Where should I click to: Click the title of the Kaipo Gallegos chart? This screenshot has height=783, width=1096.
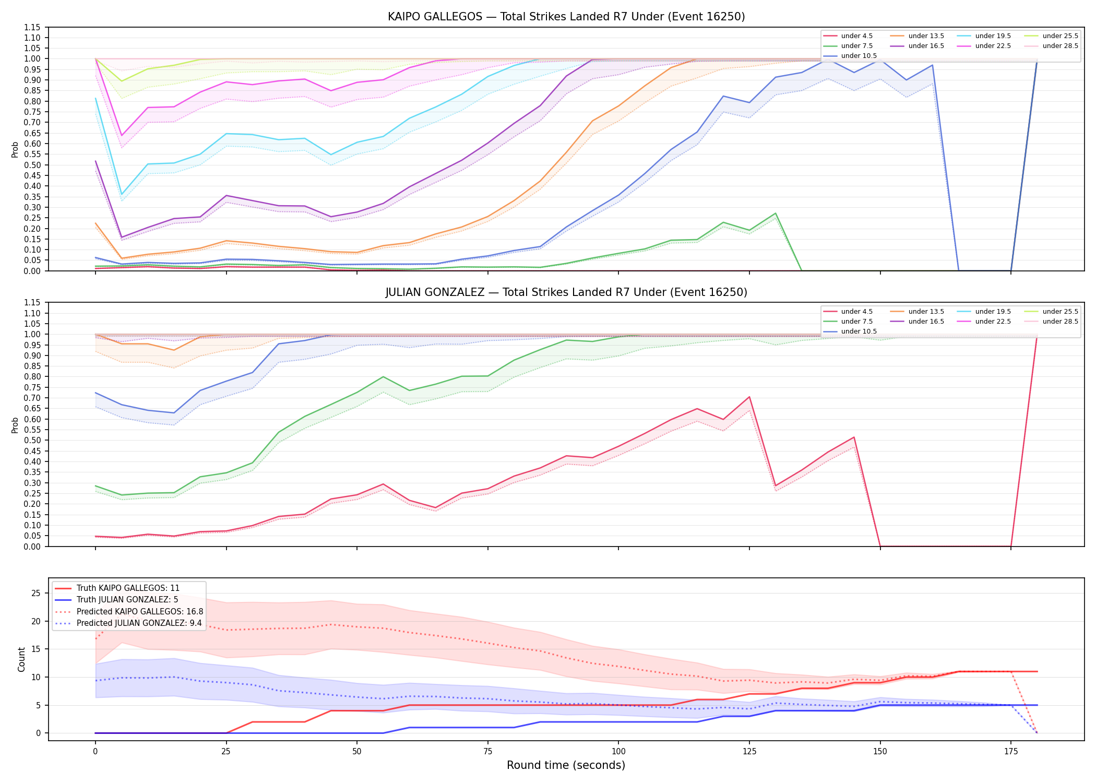click(x=566, y=17)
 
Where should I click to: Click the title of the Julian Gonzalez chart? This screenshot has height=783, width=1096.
click(x=566, y=292)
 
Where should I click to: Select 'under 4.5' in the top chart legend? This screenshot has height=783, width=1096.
click(x=856, y=36)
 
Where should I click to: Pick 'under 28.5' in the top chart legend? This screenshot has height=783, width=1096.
click(x=1060, y=46)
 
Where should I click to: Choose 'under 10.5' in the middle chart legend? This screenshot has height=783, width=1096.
click(x=859, y=331)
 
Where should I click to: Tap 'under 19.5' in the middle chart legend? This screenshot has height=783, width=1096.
click(x=993, y=312)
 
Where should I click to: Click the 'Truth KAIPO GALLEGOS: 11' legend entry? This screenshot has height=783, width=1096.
click(x=128, y=588)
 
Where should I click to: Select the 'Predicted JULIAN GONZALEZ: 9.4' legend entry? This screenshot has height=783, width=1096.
click(x=139, y=623)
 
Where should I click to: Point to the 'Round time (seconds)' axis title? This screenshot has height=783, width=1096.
click(x=566, y=765)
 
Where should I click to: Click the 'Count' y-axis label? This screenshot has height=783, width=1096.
click(x=21, y=659)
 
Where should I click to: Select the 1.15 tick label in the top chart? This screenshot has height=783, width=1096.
click(x=32, y=27)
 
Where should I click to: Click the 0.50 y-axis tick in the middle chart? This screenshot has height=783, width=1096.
click(x=32, y=441)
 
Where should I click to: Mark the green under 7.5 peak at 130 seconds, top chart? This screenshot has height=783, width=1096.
click(x=776, y=213)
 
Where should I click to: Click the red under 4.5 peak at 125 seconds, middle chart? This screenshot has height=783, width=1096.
click(x=749, y=397)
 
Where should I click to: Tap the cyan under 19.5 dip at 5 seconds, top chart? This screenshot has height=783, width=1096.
click(x=122, y=195)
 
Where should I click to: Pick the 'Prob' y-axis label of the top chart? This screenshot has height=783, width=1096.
click(x=15, y=149)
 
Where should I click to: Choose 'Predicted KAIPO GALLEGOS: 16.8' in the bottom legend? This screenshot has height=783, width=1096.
click(x=140, y=612)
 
